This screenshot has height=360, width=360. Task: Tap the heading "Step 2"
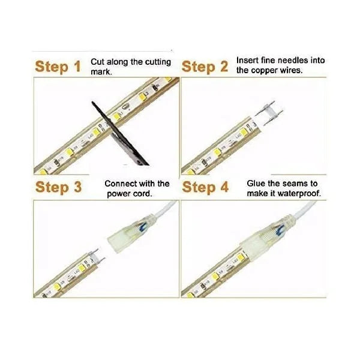pyautogui.click(x=205, y=67)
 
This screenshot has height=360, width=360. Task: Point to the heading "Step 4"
pyautogui.click(x=205, y=187)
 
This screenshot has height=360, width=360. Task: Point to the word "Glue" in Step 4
pyautogui.click(x=257, y=183)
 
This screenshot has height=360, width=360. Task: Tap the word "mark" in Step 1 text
pyautogui.click(x=101, y=71)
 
